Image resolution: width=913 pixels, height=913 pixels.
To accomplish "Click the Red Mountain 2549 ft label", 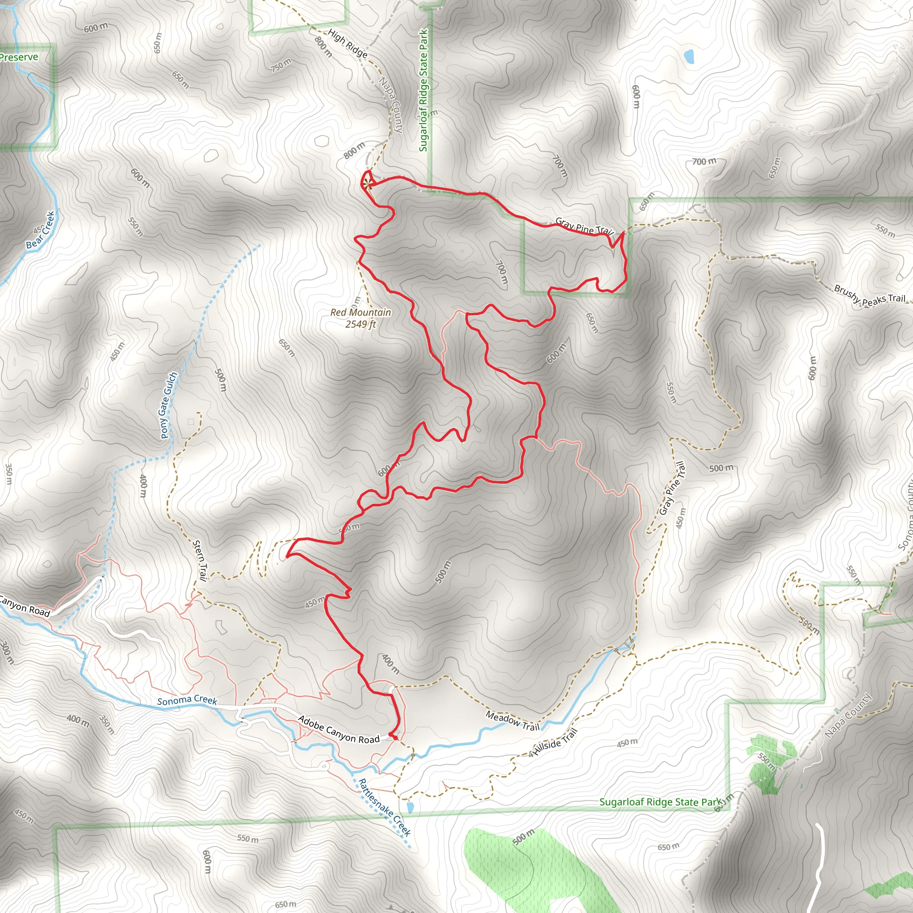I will (x=361, y=318).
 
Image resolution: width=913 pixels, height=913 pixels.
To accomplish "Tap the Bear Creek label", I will (x=41, y=230).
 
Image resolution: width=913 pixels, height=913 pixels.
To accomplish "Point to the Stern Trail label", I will (x=200, y=560).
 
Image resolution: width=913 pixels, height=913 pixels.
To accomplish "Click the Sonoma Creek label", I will (x=187, y=700).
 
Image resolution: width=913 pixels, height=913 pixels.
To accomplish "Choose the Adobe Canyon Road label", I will (x=338, y=729).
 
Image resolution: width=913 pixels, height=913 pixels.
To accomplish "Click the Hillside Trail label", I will (x=556, y=742).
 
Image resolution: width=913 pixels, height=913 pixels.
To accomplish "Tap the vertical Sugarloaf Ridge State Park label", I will (x=424, y=90).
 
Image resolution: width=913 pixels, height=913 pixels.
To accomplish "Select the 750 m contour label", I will (x=281, y=65).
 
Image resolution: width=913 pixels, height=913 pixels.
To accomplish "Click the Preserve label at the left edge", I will (x=19, y=57).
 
